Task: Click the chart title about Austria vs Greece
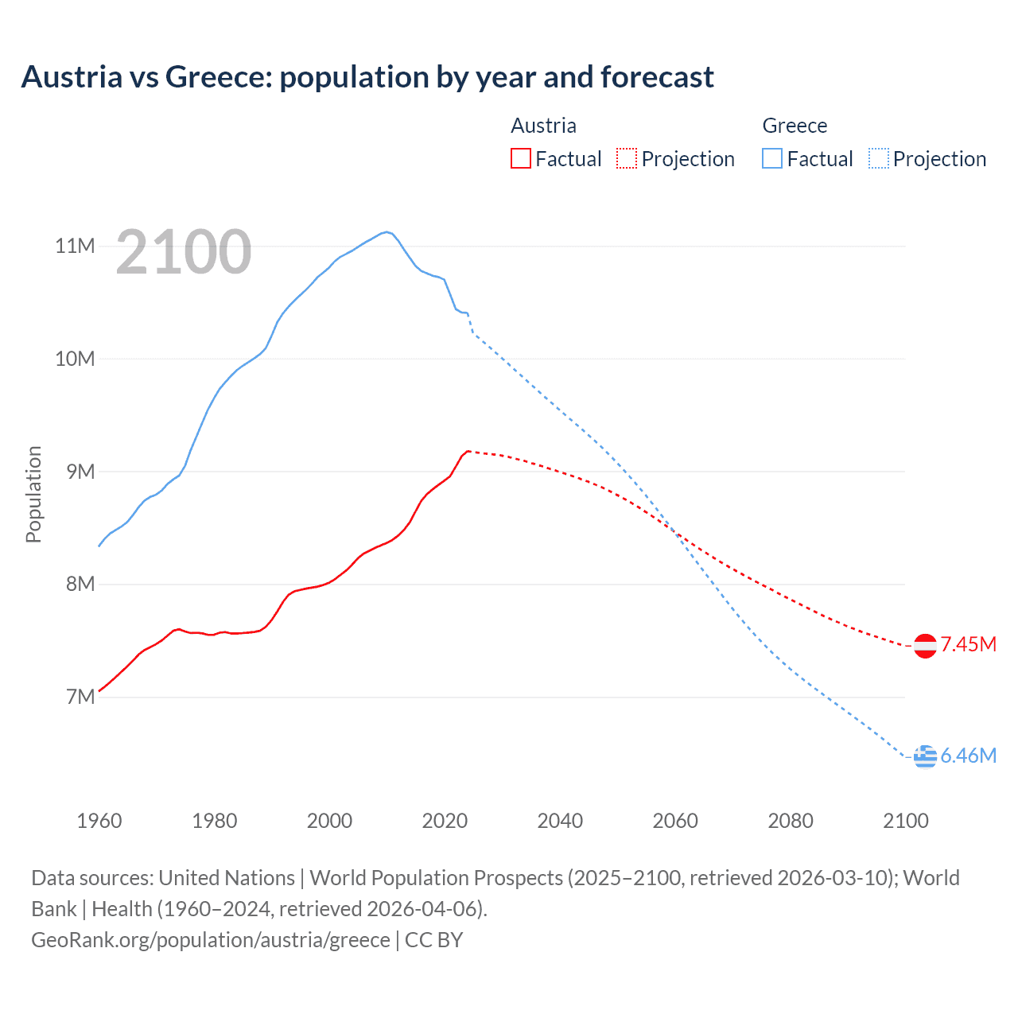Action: [x=367, y=77]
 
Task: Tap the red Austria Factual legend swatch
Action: [x=520, y=158]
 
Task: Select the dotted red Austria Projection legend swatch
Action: [x=627, y=158]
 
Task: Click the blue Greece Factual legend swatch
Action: [x=772, y=158]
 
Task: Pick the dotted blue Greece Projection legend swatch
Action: [x=878, y=158]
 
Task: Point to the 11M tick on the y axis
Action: [x=75, y=246]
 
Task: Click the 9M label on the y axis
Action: [x=80, y=472]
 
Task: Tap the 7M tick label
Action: [x=80, y=697]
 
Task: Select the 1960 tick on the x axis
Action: [x=99, y=821]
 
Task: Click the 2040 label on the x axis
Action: [x=560, y=821]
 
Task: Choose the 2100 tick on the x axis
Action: [x=905, y=821]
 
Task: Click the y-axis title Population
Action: [x=33, y=494]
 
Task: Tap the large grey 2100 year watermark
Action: [x=184, y=253]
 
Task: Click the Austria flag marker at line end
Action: [x=925, y=646]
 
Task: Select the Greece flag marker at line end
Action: [x=925, y=757]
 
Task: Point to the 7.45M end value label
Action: [x=968, y=644]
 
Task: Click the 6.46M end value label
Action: [x=968, y=756]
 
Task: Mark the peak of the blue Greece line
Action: [x=387, y=231]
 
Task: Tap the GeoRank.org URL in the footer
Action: [x=211, y=940]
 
